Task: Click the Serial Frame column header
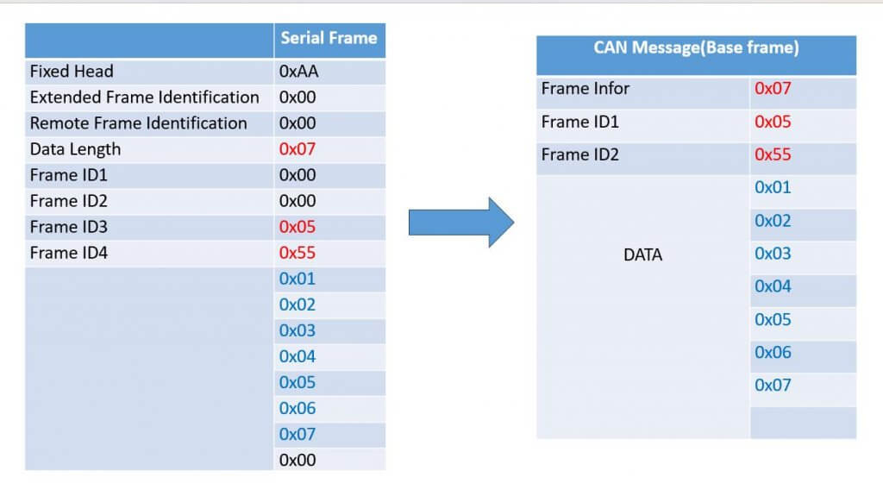coord(329,38)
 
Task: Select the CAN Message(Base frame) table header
coord(696,48)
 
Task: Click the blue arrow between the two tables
coord(460,223)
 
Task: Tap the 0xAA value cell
coord(297,72)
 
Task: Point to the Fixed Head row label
coord(72,72)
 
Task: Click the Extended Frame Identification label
coord(144,97)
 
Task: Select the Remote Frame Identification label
coord(138,123)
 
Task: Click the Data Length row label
coord(75,149)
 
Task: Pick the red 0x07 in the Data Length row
coord(297,149)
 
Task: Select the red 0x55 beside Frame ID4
coord(297,253)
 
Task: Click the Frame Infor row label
coord(586,89)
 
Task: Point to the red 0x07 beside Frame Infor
coord(773,89)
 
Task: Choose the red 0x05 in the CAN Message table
coord(773,122)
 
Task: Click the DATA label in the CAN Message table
coord(642,255)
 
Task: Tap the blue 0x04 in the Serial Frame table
coord(297,356)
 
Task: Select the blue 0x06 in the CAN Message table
coord(773,352)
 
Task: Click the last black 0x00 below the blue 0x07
coord(297,460)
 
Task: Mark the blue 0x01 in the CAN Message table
coord(773,188)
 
